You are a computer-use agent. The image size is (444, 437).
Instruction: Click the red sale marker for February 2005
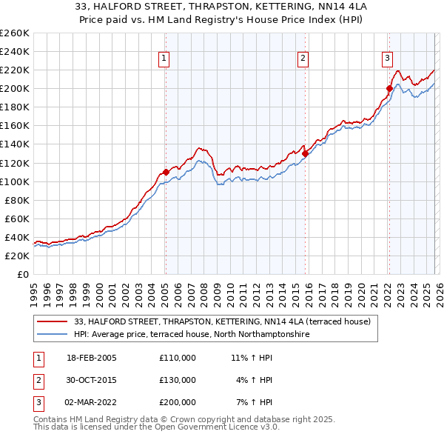[x=165, y=172]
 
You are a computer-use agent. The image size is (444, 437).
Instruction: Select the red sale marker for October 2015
[x=305, y=153]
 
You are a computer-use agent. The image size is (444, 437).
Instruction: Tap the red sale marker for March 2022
[x=388, y=88]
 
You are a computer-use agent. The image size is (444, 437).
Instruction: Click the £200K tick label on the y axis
[x=14, y=88]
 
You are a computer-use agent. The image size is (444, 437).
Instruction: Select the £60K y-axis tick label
[x=16, y=218]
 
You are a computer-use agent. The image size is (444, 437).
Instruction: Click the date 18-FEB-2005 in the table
[x=92, y=358]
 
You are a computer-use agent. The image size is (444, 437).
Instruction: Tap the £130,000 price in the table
[x=178, y=380]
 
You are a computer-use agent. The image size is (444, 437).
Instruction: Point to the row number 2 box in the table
[x=36, y=380]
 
